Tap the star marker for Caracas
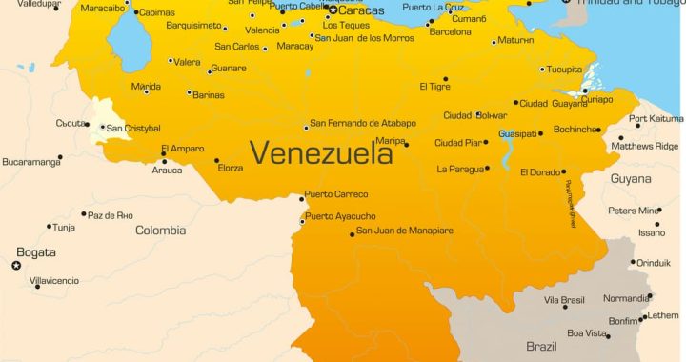(333, 10)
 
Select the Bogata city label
(36, 252)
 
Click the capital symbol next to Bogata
(15, 265)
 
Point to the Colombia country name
(160, 230)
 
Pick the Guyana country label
(631, 178)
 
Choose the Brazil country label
(542, 346)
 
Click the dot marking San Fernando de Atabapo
(306, 127)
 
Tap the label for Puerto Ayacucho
(340, 216)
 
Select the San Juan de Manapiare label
(405, 231)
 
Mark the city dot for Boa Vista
(608, 335)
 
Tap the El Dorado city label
(540, 172)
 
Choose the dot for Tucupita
(542, 70)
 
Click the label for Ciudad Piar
(459, 143)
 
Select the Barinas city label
(210, 95)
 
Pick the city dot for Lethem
(641, 319)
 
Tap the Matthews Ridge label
(645, 146)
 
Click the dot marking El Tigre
(445, 79)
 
